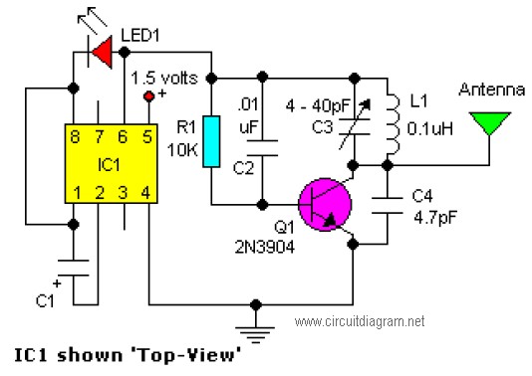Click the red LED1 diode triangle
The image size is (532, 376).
point(104,53)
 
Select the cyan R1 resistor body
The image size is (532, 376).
point(211,141)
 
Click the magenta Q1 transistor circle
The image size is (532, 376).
point(325,205)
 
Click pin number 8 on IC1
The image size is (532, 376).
point(75,137)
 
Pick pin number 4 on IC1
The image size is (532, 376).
point(145,193)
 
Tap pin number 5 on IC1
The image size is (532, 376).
point(147,137)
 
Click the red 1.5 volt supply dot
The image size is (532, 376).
point(149,96)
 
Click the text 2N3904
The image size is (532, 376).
point(265,248)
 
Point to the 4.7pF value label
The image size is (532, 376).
point(435,218)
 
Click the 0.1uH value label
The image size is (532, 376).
point(429,128)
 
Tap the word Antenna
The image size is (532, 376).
point(491,90)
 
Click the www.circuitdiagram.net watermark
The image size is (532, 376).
point(360,321)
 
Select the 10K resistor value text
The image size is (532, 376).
point(182,149)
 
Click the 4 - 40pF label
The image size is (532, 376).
point(318,106)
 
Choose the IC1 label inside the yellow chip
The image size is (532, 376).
point(109,165)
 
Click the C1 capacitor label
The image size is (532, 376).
point(45,300)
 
